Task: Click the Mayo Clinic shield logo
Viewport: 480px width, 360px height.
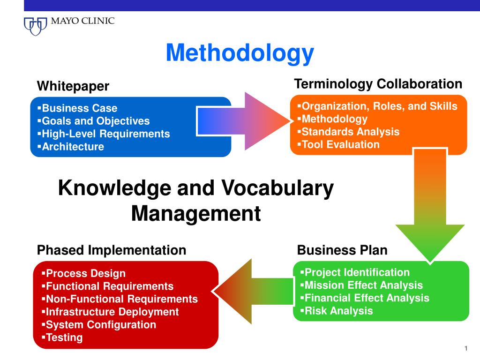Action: pos(36,25)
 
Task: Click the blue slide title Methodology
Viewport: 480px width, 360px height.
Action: pos(240,52)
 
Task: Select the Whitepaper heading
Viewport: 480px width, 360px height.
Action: pos(73,86)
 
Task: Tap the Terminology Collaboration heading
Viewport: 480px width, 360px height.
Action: pos(378,84)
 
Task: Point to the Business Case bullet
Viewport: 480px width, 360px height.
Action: pos(79,108)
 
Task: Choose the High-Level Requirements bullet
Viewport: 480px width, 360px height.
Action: pos(105,134)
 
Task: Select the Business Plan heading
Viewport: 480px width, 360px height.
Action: pos(342,250)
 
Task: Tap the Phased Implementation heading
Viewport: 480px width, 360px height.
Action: pos(112,250)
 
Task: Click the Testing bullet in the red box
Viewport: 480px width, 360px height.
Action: pos(64,337)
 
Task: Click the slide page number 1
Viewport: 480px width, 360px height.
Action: pos(466,348)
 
